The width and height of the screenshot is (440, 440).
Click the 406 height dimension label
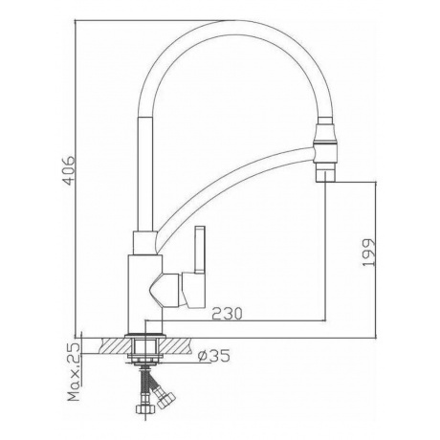[69, 170]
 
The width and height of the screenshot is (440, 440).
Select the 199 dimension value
[369, 253]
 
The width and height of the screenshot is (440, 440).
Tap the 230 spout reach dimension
[227, 314]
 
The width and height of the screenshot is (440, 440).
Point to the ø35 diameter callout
[213, 356]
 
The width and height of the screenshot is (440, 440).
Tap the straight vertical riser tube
[145, 174]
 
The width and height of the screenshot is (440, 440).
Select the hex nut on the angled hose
[166, 399]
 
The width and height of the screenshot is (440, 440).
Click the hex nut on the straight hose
[143, 408]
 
